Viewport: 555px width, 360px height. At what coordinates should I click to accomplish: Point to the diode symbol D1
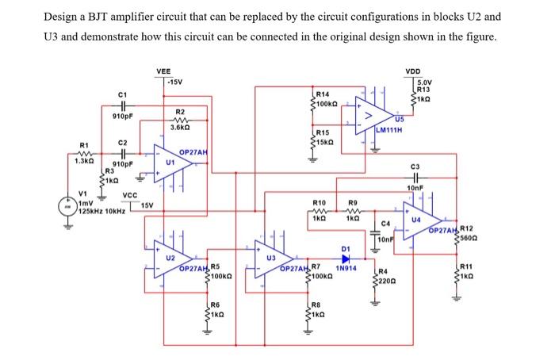pyautogui.click(x=346, y=259)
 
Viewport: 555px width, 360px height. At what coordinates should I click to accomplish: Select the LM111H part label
pyautogui.click(x=391, y=130)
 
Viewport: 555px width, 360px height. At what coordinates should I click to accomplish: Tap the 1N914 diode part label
pyautogui.click(x=346, y=269)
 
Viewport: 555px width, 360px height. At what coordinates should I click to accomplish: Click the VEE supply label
pyautogui.click(x=163, y=71)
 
